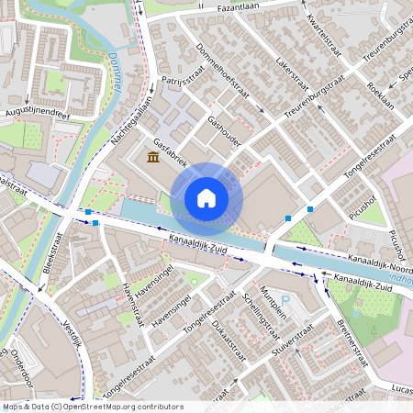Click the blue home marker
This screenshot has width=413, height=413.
click(206, 198)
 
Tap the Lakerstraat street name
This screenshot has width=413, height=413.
click(292, 79)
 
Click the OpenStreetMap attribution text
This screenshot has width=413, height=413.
click(92, 407)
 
